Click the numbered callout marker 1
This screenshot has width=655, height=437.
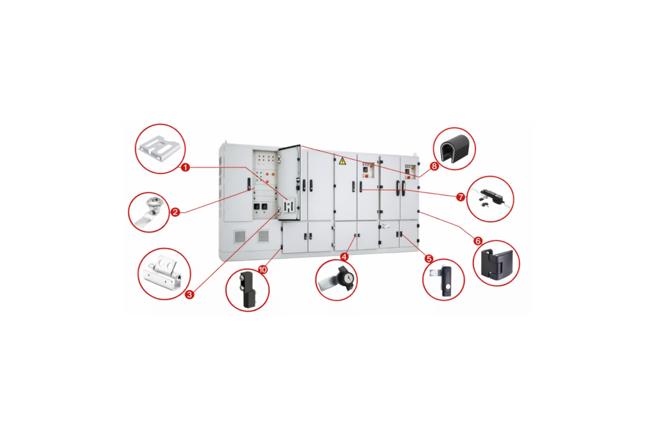[185, 167]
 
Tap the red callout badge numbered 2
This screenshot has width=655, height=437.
[175, 212]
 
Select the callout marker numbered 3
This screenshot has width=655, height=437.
[189, 295]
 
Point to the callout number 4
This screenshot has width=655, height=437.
[344, 256]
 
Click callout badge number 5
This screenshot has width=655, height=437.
[429, 259]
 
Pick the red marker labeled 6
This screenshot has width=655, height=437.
[478, 241]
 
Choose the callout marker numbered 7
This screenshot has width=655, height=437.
[461, 197]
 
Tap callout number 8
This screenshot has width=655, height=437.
[434, 166]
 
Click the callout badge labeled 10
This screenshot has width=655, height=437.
[263, 270]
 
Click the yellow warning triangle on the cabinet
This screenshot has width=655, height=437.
[343, 161]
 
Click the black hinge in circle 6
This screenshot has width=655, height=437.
[496, 264]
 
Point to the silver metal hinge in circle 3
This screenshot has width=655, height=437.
[163, 273]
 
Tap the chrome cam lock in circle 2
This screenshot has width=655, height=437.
[150, 212]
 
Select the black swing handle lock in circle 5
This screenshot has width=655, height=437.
[444, 280]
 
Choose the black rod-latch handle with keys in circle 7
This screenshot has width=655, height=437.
[491, 198]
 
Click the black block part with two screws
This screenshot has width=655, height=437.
[248, 290]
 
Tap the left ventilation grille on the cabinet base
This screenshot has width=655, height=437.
[240, 236]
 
